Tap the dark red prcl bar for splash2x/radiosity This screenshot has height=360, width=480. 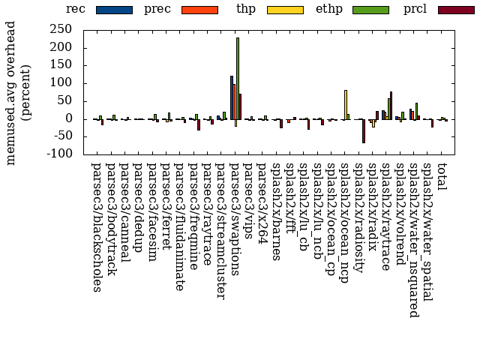point(364,130)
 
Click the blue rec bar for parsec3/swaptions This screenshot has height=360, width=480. point(232,97)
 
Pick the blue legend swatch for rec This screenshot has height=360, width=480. point(114,10)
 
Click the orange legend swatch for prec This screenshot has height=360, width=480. point(199,10)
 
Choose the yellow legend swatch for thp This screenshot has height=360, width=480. point(285,10)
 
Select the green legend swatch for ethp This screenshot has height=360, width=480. point(370,10)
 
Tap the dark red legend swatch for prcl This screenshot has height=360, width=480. point(456,10)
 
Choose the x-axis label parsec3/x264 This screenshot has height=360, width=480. point(263,202)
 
